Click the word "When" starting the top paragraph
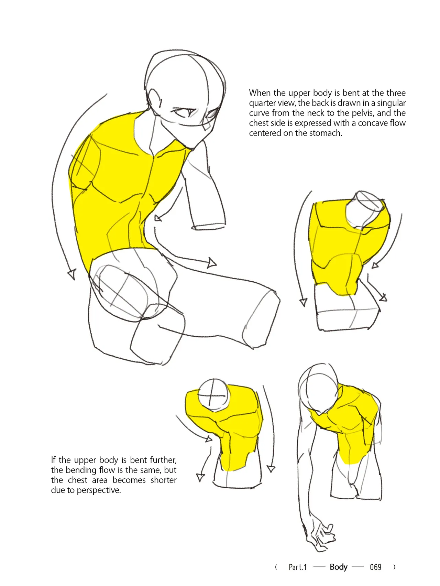click(x=260, y=93)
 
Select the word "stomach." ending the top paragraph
click(x=326, y=133)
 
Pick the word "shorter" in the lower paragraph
click(x=164, y=480)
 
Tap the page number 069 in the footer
click(x=375, y=567)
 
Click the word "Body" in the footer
click(x=339, y=567)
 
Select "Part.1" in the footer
click(x=298, y=567)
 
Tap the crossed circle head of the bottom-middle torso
click(x=213, y=394)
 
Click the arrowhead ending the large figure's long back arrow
click(x=71, y=274)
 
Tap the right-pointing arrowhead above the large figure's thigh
click(x=212, y=263)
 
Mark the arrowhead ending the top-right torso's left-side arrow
click(x=303, y=302)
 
